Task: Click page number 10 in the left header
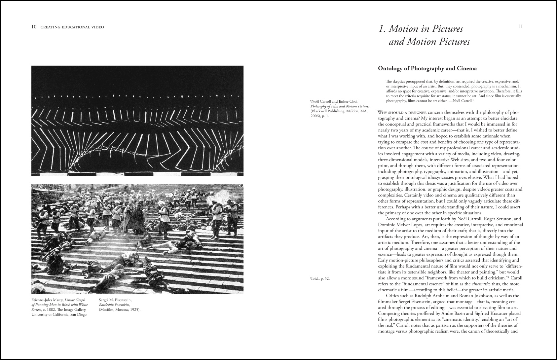[34, 27]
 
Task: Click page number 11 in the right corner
[520, 26]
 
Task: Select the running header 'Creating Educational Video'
[72, 27]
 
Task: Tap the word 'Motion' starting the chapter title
[402, 29]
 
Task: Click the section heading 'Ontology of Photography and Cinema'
[427, 69]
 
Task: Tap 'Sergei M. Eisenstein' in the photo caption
[115, 300]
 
